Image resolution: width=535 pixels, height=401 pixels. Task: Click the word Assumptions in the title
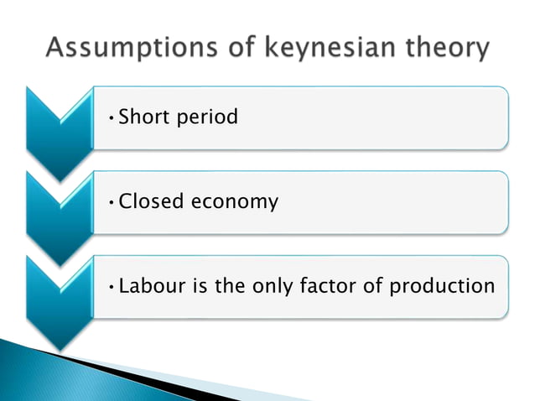click(118, 49)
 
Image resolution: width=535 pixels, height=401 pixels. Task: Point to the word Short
click(144, 117)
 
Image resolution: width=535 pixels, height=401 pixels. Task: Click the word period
click(206, 117)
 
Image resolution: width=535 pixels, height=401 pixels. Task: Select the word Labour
click(152, 285)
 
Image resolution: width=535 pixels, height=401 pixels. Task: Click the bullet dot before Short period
click(112, 118)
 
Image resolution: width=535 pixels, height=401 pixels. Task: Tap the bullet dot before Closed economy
click(112, 203)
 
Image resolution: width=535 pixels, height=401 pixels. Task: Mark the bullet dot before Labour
click(112, 287)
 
